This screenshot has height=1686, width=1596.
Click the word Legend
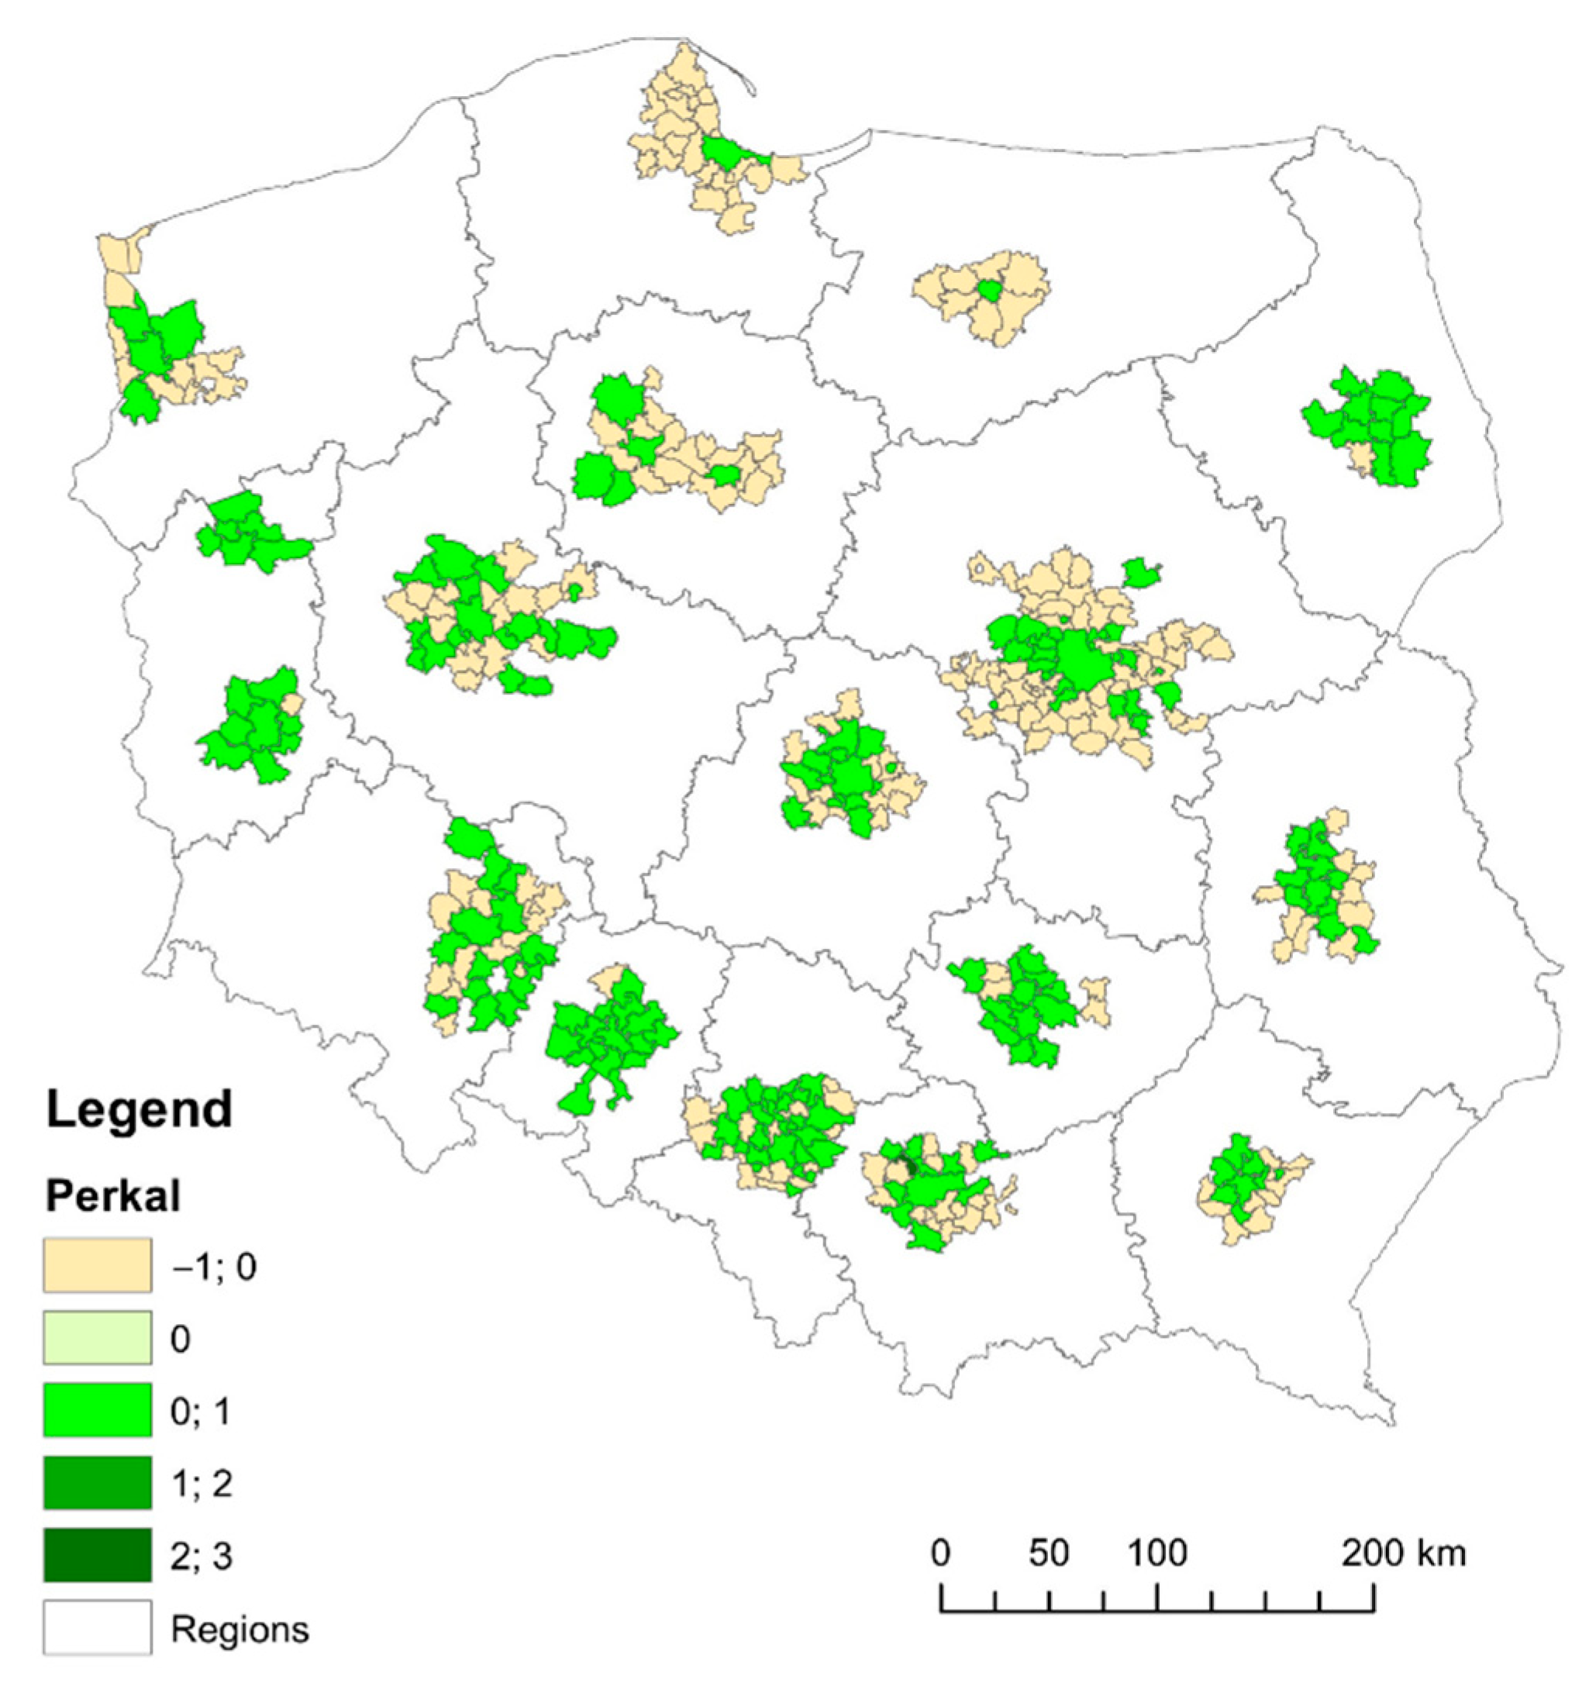click(139, 1111)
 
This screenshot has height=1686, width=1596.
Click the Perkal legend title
click(112, 1197)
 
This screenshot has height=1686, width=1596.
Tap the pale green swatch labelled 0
click(98, 1339)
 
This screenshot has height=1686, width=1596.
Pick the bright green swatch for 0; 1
click(98, 1412)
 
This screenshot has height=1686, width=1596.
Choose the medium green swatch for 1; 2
click(98, 1484)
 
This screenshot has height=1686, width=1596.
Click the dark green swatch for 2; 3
click(98, 1556)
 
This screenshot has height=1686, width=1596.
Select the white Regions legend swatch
click(98, 1628)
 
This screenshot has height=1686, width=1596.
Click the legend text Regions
click(240, 1629)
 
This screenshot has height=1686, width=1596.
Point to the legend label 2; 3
click(202, 1557)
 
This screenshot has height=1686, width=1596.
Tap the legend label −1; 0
click(213, 1267)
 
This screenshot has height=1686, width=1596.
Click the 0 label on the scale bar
click(940, 1554)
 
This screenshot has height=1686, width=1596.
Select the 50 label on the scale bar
click(1048, 1554)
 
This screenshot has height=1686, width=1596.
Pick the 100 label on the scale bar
click(1157, 1554)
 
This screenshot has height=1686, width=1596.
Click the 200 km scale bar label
click(1404, 1554)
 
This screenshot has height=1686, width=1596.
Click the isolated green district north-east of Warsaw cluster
click(1142, 574)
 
